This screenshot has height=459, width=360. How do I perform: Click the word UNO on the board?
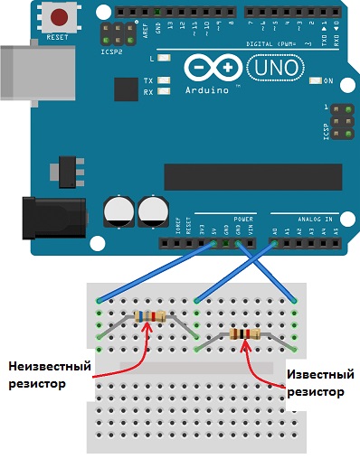tap(272, 68)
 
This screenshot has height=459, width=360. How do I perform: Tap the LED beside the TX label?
tap(164, 80)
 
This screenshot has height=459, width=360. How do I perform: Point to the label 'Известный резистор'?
tap(319, 382)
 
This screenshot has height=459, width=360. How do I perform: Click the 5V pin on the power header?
tap(213, 242)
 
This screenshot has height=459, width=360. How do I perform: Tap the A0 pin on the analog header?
tap(275, 242)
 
